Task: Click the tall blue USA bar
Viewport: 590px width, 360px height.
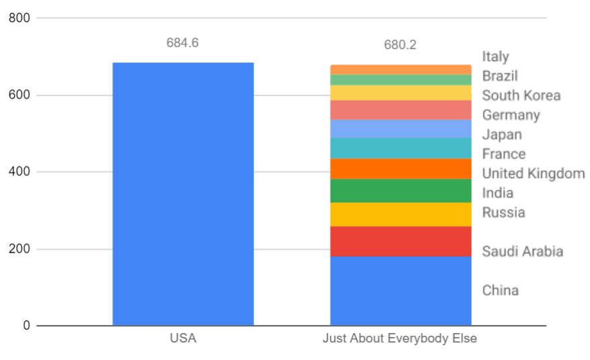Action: [183, 194]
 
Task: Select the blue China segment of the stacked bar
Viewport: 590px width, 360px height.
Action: [401, 291]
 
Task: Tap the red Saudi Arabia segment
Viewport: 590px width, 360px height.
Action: [401, 241]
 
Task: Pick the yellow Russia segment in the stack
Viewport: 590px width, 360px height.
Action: [401, 214]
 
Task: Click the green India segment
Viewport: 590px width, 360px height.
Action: [401, 191]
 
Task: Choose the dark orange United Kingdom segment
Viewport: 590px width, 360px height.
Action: [401, 169]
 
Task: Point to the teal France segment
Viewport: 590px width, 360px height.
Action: [401, 148]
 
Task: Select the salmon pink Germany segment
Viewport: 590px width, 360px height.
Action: [401, 109]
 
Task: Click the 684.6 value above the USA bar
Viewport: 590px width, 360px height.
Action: [183, 43]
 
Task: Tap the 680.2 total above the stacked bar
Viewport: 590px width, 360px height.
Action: [401, 45]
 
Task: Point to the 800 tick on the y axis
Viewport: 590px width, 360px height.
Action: [19, 18]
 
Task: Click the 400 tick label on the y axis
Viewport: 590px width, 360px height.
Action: [19, 172]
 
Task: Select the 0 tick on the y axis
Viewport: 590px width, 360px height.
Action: [26, 326]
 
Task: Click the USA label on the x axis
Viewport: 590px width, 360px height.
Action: [183, 339]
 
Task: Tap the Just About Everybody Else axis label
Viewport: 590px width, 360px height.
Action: [400, 339]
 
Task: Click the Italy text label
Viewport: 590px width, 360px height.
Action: [495, 57]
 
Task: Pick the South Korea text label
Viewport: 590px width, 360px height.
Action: [521, 95]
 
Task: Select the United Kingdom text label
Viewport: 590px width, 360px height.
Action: [534, 173]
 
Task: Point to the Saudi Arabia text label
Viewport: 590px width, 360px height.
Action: [522, 252]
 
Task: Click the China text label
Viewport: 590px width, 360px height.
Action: [500, 291]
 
